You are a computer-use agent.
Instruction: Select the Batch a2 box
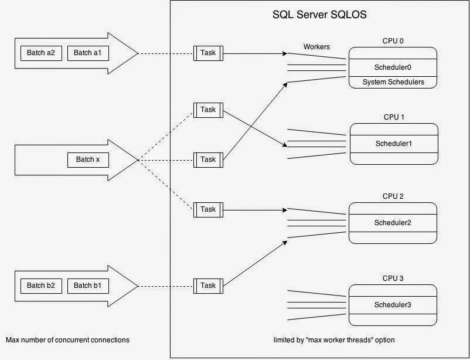point(41,53)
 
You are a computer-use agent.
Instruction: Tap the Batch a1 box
point(88,53)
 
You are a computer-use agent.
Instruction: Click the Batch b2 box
point(41,286)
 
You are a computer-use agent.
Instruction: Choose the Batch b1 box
point(88,286)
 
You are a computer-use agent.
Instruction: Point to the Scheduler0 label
point(393,67)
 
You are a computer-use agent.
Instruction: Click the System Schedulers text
point(393,82)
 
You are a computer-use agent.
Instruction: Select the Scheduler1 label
point(393,144)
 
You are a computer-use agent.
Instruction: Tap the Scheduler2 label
point(393,223)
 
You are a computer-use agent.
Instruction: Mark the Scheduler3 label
point(393,305)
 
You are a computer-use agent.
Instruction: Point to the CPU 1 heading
point(393,117)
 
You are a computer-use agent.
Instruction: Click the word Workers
point(316,46)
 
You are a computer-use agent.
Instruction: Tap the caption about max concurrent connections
point(67,340)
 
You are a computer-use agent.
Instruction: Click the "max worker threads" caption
point(338,340)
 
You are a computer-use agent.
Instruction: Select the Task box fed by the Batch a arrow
point(208,53)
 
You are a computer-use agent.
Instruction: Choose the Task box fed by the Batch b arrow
point(208,286)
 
